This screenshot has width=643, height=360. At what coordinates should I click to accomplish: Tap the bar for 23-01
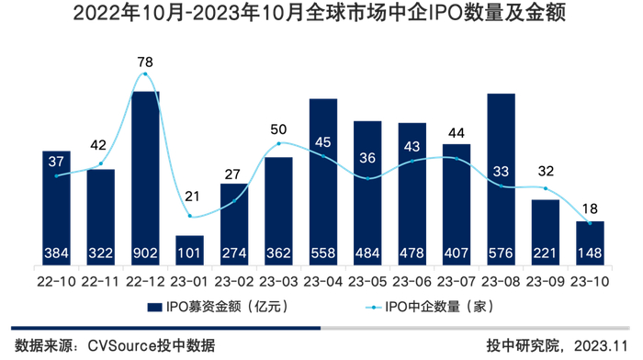click(x=189, y=250)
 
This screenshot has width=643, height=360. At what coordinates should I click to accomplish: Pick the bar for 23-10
click(x=589, y=242)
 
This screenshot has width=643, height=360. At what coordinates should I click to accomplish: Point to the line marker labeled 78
click(x=145, y=73)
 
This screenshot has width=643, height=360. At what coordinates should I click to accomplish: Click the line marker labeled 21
click(x=189, y=217)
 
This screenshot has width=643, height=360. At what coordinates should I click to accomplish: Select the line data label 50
click(x=278, y=129)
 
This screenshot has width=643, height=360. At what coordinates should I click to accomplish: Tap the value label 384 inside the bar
click(x=57, y=253)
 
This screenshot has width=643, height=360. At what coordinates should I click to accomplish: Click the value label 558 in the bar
click(x=322, y=253)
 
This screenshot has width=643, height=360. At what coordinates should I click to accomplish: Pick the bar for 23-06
click(x=412, y=193)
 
